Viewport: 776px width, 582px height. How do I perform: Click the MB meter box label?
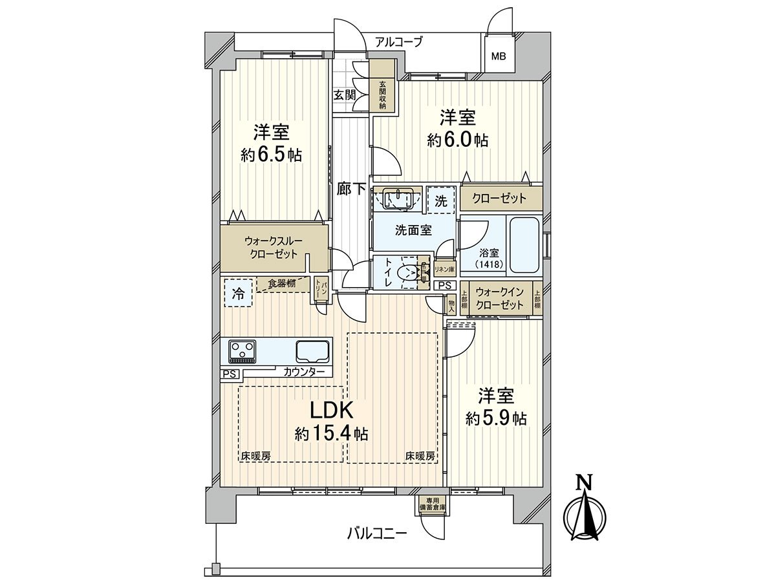point(498,56)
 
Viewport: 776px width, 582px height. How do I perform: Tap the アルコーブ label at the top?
point(398,42)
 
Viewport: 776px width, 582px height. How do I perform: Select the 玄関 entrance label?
point(345,94)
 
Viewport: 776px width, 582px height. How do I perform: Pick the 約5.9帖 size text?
point(496,418)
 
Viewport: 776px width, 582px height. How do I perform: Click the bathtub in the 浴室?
point(524,246)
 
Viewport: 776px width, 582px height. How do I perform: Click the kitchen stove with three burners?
point(243,352)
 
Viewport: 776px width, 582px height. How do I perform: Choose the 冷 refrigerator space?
point(239,294)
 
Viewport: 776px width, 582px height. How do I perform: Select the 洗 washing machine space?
point(441,200)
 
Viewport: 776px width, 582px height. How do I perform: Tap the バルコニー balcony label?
point(377,533)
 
